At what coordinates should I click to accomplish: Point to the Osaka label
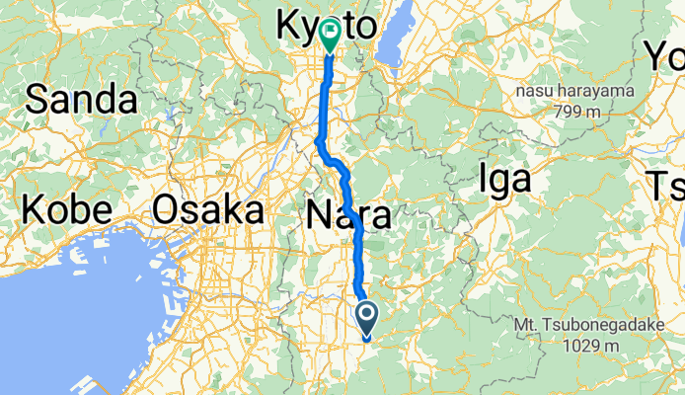(x=208, y=210)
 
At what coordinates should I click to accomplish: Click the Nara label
(x=347, y=214)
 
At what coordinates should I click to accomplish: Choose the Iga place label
(x=503, y=179)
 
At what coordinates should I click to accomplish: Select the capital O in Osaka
(x=169, y=210)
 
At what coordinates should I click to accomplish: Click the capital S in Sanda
(x=38, y=99)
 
